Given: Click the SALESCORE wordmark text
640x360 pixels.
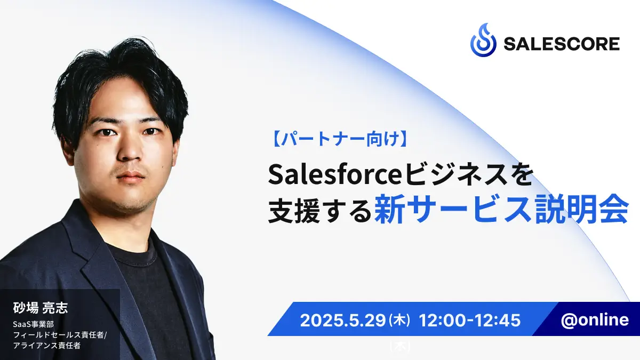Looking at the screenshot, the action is pyautogui.click(x=562, y=44).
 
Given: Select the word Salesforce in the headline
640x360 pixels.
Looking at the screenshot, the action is pyautogui.click(x=335, y=174).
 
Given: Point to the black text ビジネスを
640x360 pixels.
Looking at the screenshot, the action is pyautogui.click(x=469, y=174).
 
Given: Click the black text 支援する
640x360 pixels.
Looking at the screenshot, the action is pyautogui.click(x=320, y=211).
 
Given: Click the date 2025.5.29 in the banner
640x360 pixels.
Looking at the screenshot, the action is pyautogui.click(x=343, y=321).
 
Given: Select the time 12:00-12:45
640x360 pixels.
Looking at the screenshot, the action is pyautogui.click(x=470, y=321).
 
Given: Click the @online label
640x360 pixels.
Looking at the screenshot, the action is pyautogui.click(x=595, y=319).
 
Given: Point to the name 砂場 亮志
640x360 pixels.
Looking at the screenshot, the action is pyautogui.click(x=41, y=308).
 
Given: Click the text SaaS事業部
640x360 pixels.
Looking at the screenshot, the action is pyautogui.click(x=33, y=324).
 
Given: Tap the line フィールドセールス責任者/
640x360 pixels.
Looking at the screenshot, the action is pyautogui.click(x=60, y=335).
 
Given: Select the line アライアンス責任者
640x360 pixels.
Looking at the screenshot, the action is pyautogui.click(x=46, y=346).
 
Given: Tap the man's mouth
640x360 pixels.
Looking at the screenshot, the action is pyautogui.click(x=130, y=177).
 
